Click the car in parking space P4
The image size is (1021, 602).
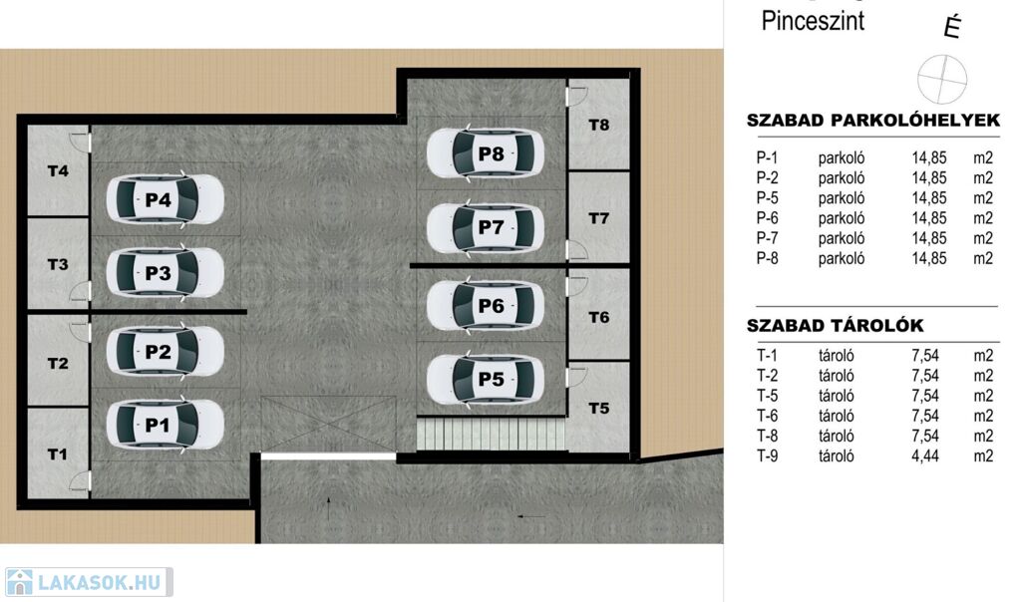[x=165, y=199]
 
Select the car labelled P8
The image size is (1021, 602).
[x=486, y=153]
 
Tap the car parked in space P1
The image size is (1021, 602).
[x=165, y=425]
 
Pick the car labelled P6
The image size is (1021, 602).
[x=486, y=305]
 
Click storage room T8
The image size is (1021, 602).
[x=599, y=125]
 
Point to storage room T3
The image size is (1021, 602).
[x=58, y=263]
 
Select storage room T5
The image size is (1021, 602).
[x=599, y=408]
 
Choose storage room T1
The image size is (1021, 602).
[x=58, y=452]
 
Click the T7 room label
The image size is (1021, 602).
[x=599, y=218]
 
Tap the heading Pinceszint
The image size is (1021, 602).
[x=813, y=21]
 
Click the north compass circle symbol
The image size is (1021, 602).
[x=941, y=80]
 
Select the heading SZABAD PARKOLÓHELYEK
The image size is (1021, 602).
[x=873, y=121]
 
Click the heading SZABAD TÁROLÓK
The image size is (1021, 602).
[x=835, y=325]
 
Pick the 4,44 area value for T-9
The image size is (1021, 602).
[x=925, y=456]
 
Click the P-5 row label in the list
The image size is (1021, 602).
[x=767, y=198]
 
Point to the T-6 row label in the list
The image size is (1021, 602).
[x=767, y=416]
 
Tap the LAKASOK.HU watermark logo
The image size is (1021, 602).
[x=89, y=582]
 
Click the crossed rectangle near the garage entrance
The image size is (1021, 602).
[x=328, y=425]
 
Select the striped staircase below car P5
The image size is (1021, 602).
[x=492, y=434]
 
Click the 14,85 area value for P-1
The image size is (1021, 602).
[x=929, y=158]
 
